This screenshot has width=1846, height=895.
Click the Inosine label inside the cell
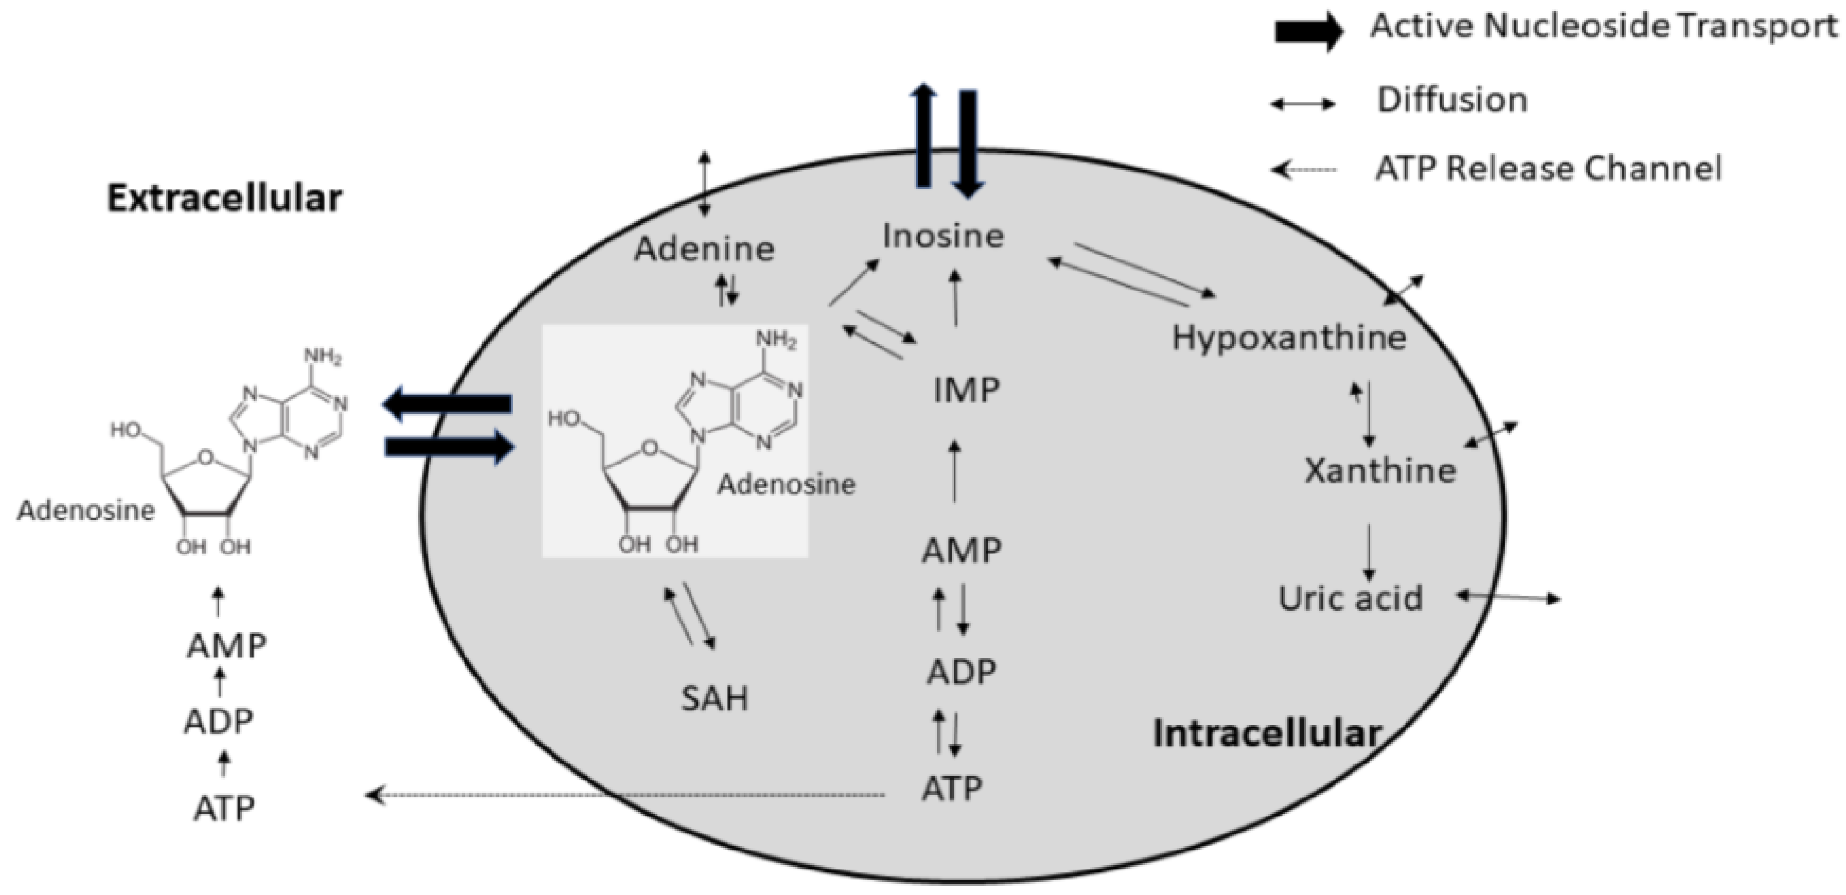(942, 236)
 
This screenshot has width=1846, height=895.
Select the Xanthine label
(1379, 471)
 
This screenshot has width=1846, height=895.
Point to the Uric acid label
(1350, 599)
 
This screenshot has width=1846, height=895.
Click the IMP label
(966, 390)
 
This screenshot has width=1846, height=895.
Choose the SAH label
(715, 699)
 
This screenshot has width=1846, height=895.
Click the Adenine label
(704, 249)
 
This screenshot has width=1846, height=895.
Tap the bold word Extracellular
(225, 199)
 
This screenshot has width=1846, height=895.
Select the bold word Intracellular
(1267, 734)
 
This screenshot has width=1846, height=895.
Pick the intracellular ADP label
(961, 672)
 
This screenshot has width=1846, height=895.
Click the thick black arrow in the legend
(1308, 31)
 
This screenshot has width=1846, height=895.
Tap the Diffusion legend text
(1452, 100)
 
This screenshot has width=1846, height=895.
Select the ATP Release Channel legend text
(1548, 169)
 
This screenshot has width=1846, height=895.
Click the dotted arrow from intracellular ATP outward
(624, 795)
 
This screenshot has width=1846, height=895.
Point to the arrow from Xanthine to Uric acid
(1369, 552)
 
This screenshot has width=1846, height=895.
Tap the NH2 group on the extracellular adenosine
(322, 356)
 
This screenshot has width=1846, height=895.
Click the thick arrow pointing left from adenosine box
(448, 404)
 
